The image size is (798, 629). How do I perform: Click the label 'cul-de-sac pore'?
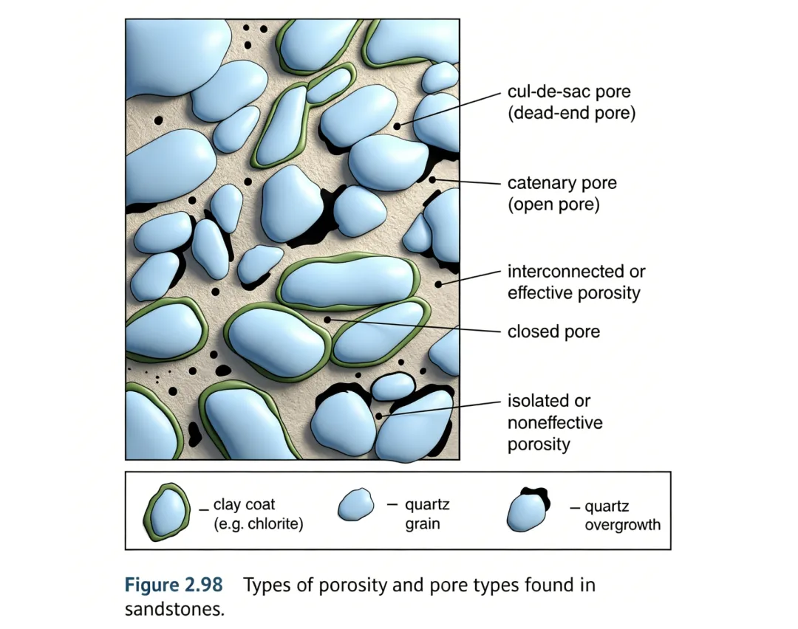coord(569,93)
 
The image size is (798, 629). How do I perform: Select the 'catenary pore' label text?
coord(562,183)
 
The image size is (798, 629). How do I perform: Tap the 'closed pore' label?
coord(553,331)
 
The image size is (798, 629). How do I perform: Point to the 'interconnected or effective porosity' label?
coord(576,282)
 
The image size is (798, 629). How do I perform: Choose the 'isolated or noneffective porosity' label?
coord(554,422)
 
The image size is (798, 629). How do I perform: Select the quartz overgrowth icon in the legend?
coord(528,509)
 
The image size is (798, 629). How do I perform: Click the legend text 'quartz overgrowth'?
coord(622,516)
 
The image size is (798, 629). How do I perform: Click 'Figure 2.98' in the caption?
coord(173,585)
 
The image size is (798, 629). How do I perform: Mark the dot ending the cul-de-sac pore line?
coord(397,126)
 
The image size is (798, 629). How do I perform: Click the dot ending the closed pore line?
coord(327,319)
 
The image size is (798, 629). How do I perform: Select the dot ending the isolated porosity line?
coord(379,416)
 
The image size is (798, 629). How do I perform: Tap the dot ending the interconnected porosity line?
coord(438,283)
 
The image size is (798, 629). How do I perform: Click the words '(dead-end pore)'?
coord(571,114)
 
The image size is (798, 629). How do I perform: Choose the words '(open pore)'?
coord(553,204)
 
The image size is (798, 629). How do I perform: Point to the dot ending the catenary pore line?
coord(432,179)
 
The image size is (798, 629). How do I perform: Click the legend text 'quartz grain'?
coord(426,515)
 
